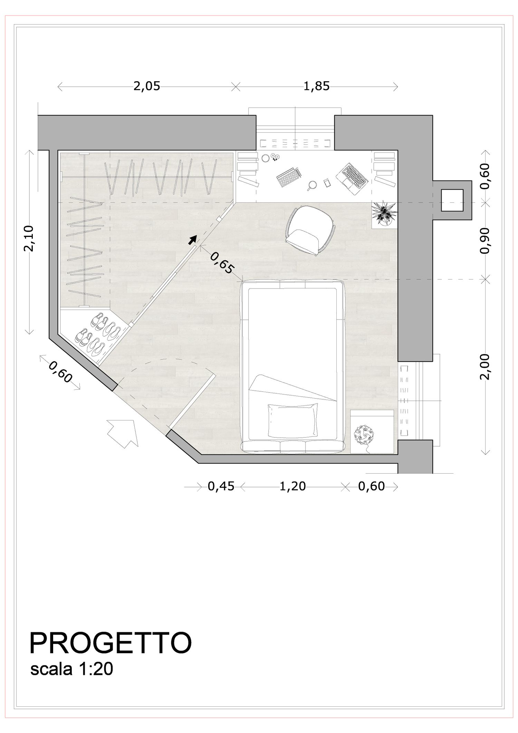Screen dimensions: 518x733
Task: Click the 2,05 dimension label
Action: [x=147, y=86]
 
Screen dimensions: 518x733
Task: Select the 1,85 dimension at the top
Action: [x=316, y=86]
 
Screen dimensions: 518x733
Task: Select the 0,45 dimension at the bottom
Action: [x=221, y=486]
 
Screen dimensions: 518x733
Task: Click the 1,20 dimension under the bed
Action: [x=292, y=486]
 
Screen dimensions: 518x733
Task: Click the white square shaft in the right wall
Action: [x=452, y=200]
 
